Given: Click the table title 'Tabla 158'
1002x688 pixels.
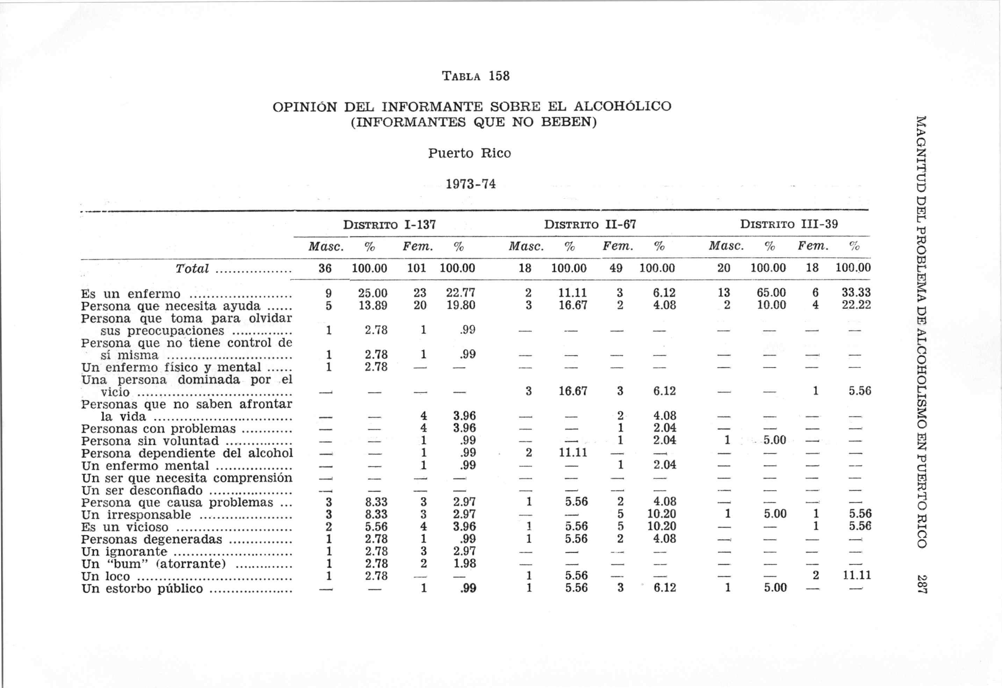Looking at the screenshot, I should pyautogui.click(x=476, y=76).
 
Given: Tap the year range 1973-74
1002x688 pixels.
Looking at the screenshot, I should pyautogui.click(x=470, y=184).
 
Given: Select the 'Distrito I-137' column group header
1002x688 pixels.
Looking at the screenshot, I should pyautogui.click(x=389, y=224).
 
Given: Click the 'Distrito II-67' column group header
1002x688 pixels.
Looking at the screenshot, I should pyautogui.click(x=590, y=224).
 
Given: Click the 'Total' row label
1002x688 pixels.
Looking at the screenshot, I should pyautogui.click(x=192, y=268).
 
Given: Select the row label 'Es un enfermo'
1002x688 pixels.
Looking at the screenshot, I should pyautogui.click(x=131, y=294).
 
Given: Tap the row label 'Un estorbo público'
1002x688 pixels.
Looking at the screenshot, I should pyautogui.click(x=142, y=589).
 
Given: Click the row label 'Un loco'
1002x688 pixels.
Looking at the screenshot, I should pyautogui.click(x=105, y=576).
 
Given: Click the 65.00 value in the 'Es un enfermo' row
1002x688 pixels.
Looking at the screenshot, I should pyautogui.click(x=771, y=293).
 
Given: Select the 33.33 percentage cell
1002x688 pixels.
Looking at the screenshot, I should pyautogui.click(x=856, y=293).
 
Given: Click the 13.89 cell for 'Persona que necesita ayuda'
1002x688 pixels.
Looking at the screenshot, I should pyautogui.click(x=373, y=306).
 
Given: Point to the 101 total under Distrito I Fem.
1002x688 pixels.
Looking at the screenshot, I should pyautogui.click(x=417, y=268).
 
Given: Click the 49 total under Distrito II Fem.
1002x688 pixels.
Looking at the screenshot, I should pyautogui.click(x=616, y=268).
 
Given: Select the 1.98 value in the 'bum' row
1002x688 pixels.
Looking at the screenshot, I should pyautogui.click(x=464, y=563).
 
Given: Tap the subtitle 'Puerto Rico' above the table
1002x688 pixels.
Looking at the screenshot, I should pyautogui.click(x=469, y=153).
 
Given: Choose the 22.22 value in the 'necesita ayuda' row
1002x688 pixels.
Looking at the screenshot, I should pyautogui.click(x=856, y=305).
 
